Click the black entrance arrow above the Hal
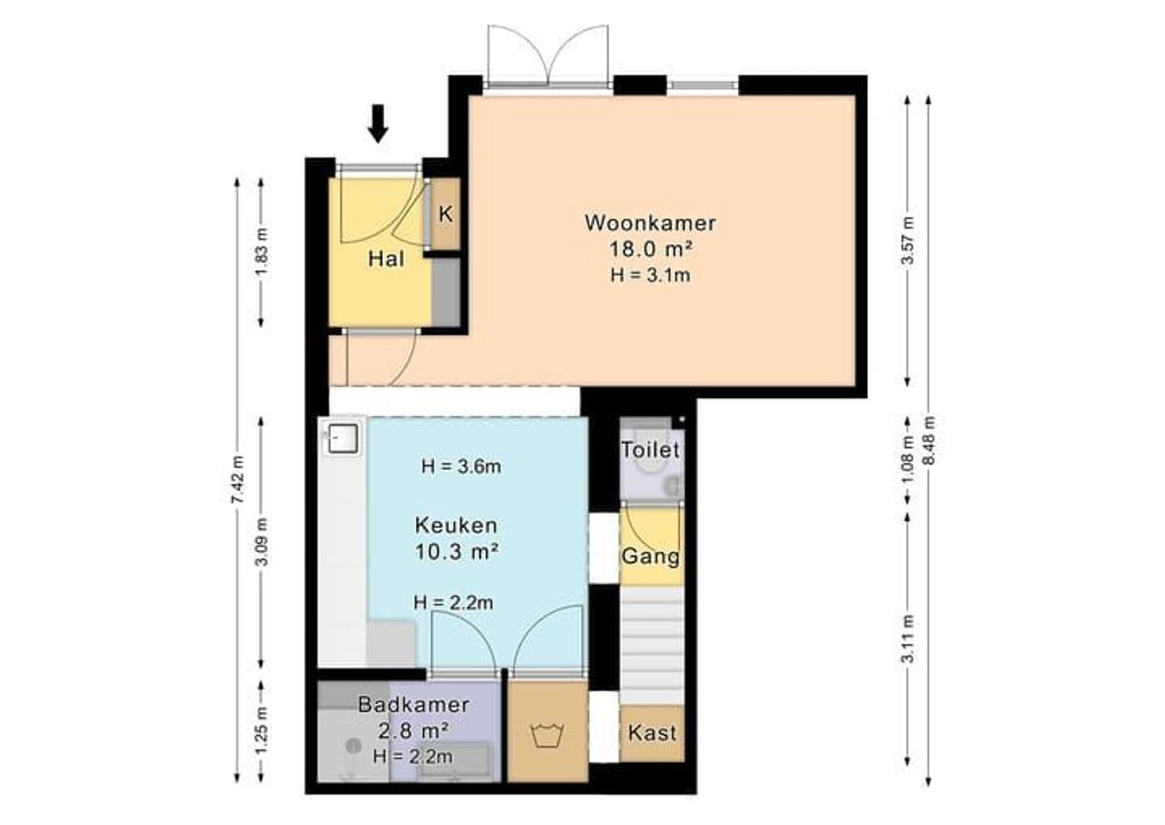coord(379,123)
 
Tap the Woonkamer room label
coord(650,223)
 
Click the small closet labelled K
coord(445,214)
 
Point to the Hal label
coord(386,259)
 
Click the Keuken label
coord(456,526)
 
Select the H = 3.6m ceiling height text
coord(461,467)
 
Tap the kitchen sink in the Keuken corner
coord(342,437)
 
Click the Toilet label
coord(651,450)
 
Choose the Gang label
coord(651,556)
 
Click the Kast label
coord(652,734)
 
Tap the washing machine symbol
coord(548,735)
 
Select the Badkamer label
coord(414,704)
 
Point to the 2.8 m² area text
coord(414,731)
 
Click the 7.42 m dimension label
coord(238,480)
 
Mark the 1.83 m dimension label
coord(262,252)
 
